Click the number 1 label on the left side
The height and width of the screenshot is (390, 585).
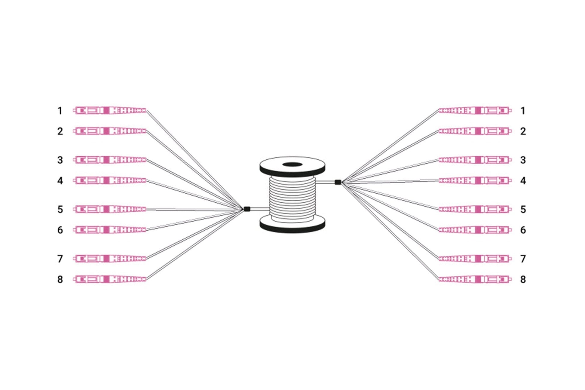click(60, 111)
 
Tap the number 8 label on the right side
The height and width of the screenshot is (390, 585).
click(523, 279)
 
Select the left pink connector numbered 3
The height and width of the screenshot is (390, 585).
click(110, 160)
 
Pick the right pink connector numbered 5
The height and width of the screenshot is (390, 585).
click(475, 209)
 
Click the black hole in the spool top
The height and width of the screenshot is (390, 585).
click(292, 164)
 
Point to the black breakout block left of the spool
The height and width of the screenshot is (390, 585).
click(247, 209)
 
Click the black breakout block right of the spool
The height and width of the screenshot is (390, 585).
click(338, 182)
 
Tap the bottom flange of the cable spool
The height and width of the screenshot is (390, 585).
click(292, 224)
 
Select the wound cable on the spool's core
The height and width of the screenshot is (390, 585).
click(292, 198)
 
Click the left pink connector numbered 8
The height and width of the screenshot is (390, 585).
click(110, 279)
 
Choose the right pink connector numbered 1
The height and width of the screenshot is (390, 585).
click(475, 111)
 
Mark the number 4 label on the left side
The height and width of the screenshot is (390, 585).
click(60, 181)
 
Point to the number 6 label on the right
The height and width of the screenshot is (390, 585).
click(523, 230)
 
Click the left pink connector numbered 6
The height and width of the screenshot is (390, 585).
click(110, 230)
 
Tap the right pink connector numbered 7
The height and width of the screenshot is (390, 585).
click(475, 259)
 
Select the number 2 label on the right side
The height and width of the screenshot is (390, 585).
click(523, 131)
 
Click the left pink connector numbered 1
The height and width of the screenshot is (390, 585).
click(110, 111)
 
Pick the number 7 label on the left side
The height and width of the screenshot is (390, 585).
click(60, 259)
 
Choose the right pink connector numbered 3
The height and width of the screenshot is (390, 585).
click(475, 160)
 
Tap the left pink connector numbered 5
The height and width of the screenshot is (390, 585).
click(110, 209)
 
